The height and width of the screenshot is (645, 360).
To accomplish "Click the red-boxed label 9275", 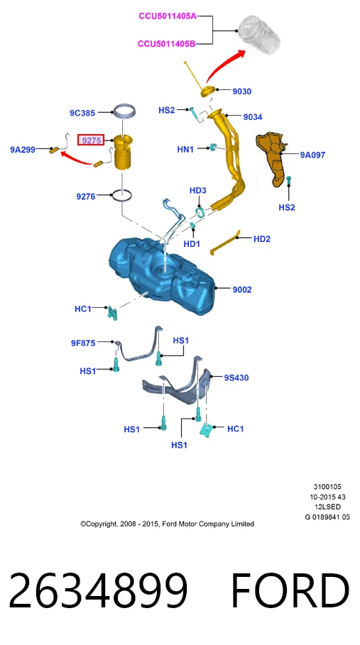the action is click(91, 140).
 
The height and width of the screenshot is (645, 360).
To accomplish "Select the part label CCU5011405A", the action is click(168, 16).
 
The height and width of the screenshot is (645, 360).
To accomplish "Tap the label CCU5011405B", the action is click(167, 43).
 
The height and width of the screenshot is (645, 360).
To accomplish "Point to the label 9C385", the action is click(82, 112).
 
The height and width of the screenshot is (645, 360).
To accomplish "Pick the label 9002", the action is click(242, 290).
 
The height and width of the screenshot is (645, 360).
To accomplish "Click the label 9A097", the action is click(312, 155).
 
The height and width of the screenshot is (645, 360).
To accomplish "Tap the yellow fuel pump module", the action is click(122, 153).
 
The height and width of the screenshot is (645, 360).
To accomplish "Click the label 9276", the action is click(86, 197).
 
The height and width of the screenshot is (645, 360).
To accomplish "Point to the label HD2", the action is click(262, 238).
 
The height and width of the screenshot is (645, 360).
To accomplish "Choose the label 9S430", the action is click(236, 377).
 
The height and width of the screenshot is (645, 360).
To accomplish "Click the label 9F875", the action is click(82, 343).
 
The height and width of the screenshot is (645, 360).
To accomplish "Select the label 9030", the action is click(242, 92).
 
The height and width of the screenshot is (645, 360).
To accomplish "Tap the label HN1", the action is click(185, 150).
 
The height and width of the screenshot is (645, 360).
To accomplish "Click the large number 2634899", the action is click(98, 590).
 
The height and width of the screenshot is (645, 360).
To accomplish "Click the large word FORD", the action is click(290, 590).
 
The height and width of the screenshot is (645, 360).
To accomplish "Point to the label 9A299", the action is click(23, 150).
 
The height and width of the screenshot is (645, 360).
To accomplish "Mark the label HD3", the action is click(198, 190).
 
